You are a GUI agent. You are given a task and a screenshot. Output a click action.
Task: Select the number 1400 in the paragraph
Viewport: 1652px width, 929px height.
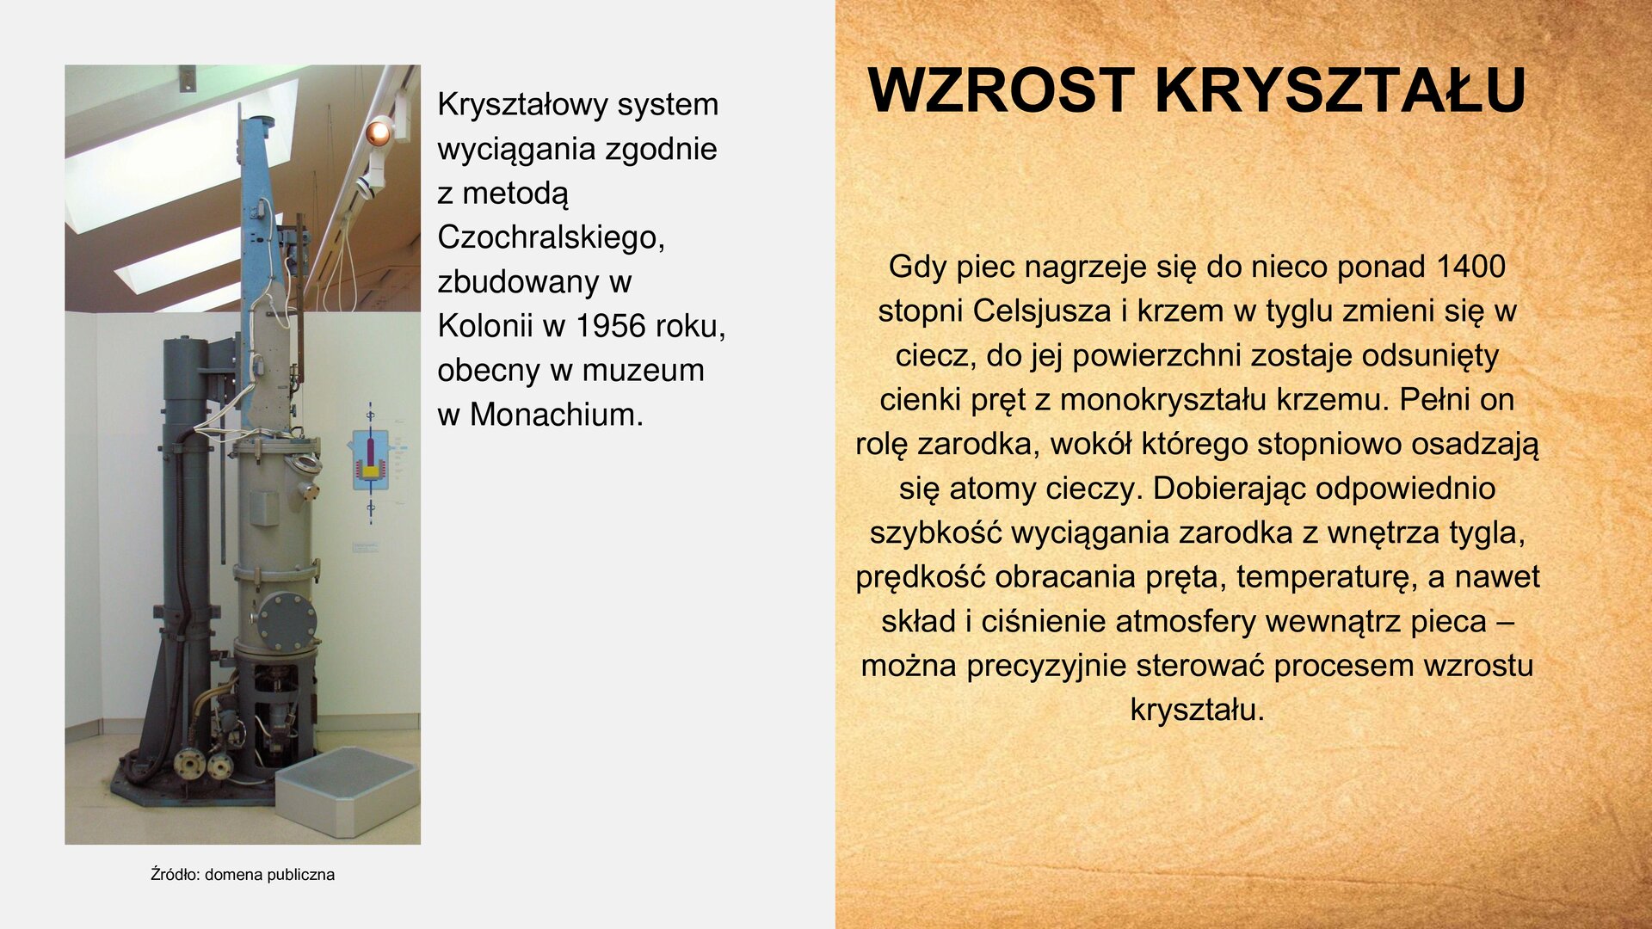coord(1470,267)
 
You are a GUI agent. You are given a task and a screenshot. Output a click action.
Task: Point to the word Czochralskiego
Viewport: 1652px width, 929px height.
coord(551,237)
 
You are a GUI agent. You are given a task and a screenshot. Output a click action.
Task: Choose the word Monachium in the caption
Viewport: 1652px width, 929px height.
coord(556,415)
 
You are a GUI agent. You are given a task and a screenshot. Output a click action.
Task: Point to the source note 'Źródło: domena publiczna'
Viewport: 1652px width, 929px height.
coord(243,875)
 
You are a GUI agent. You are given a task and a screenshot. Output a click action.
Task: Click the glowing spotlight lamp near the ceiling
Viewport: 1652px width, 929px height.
coord(378,132)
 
